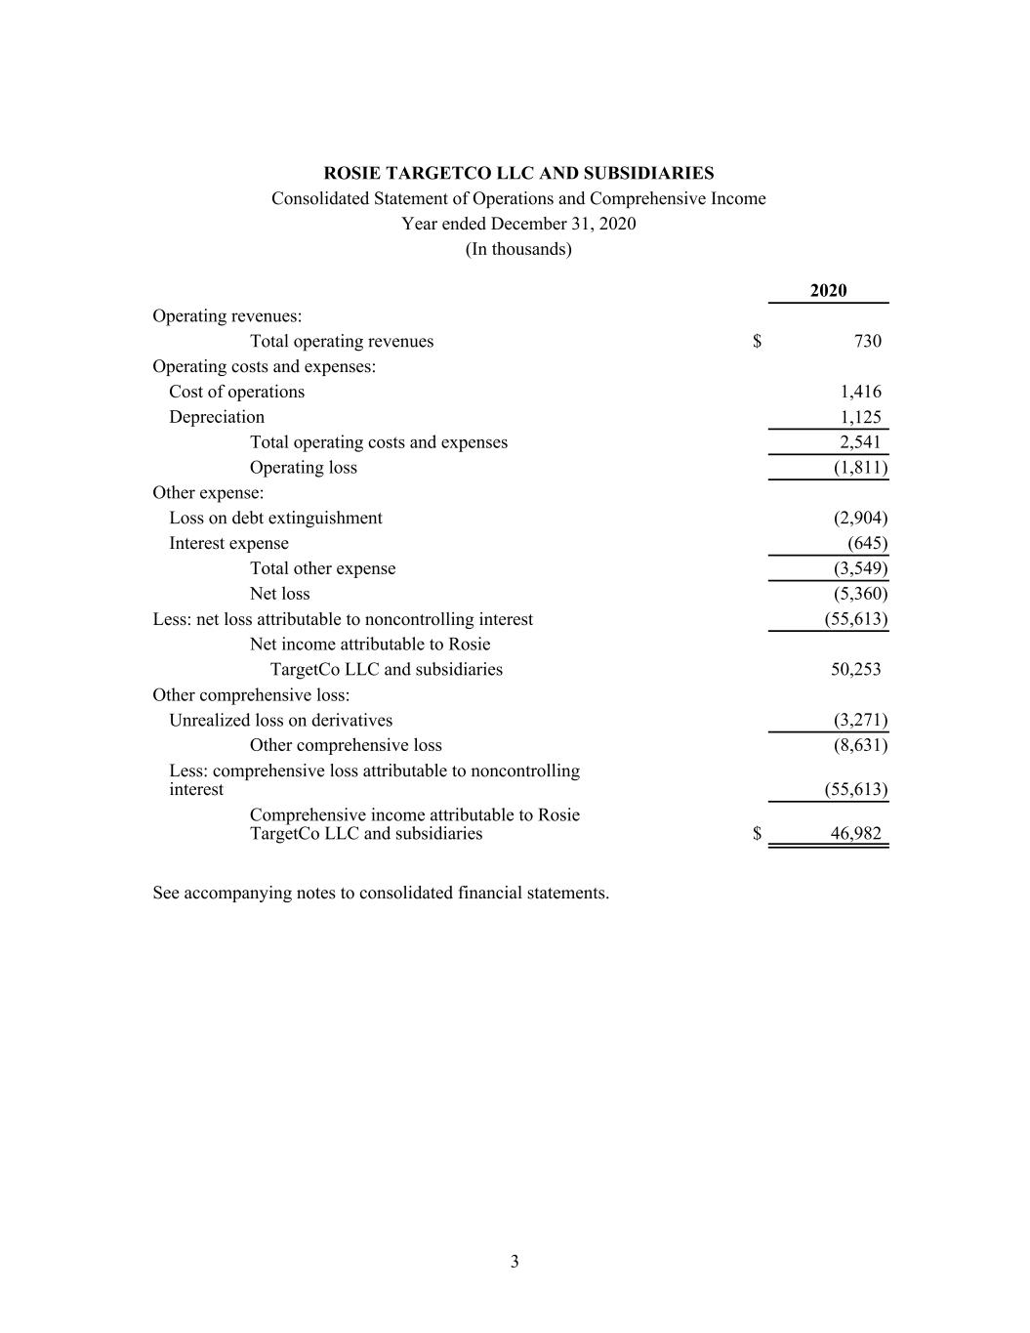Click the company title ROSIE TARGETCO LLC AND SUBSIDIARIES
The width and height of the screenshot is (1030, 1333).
pos(518,174)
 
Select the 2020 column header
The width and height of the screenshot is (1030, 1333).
pos(828,291)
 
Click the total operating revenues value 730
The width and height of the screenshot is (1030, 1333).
pos(867,342)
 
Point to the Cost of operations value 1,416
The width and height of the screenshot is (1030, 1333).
pos(860,393)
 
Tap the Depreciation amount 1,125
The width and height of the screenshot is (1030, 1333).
pos(860,418)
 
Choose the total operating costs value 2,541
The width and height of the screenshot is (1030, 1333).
pos(860,443)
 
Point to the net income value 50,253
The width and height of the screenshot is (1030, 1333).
pos(855,670)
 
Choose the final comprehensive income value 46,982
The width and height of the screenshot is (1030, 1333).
pos(855,834)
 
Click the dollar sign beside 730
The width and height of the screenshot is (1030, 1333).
pos(758,342)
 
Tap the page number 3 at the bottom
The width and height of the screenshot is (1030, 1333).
pos(515,1262)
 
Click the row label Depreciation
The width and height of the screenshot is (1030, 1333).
pos(217,418)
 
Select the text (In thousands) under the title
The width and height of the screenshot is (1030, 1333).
pos(518,249)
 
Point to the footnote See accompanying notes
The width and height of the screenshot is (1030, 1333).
pos(381,894)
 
